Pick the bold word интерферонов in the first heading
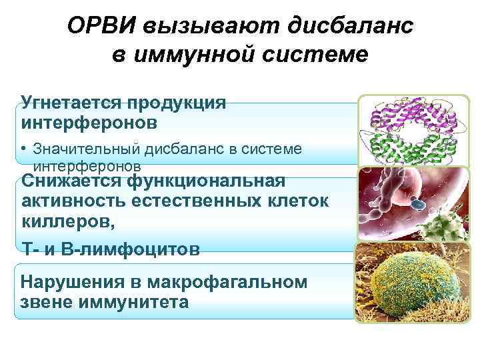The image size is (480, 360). coord(90,123)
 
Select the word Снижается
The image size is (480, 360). coord(73,181)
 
